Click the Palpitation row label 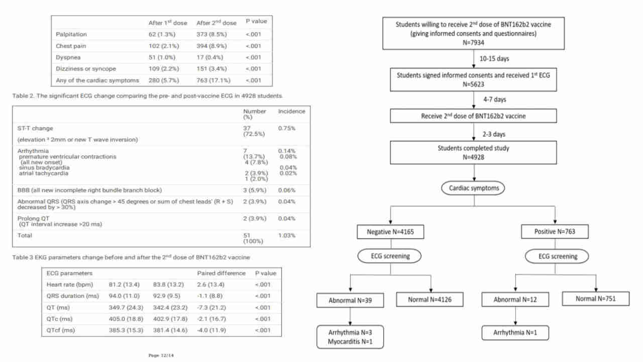pyautogui.click(x=71, y=35)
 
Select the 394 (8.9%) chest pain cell pyautogui.click(x=211, y=46)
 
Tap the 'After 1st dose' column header pyautogui.click(x=168, y=23)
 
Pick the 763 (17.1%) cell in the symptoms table pyautogui.click(x=213, y=80)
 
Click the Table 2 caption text pyautogui.click(x=147, y=96)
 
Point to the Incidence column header pyautogui.click(x=292, y=112)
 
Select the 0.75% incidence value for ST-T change pyautogui.click(x=286, y=128)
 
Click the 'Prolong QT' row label pyautogui.click(x=33, y=219)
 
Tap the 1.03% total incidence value pyautogui.click(x=286, y=236)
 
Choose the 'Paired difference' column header pyautogui.click(x=222, y=273)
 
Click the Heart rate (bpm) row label pyautogui.click(x=70, y=285)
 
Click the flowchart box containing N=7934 pyautogui.click(x=473, y=33)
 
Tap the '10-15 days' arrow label pyautogui.click(x=494, y=59)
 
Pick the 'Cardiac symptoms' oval pyautogui.click(x=473, y=188)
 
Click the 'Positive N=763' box pyautogui.click(x=555, y=232)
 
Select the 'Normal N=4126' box pyautogui.click(x=430, y=300)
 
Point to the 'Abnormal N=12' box pyautogui.click(x=515, y=300)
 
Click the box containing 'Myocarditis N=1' pyautogui.click(x=350, y=337)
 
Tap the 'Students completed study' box pyautogui.click(x=473, y=152)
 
